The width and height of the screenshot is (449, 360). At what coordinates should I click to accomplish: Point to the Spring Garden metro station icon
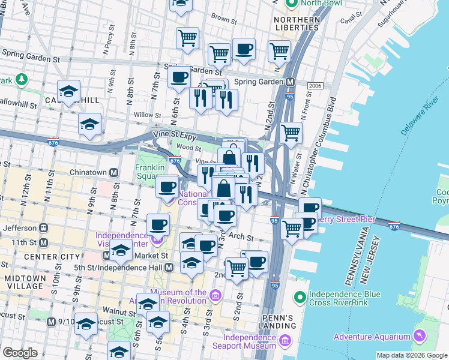point(289,82)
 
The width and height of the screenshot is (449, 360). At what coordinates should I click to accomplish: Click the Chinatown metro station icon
point(113,172)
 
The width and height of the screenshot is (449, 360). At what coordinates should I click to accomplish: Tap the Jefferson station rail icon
point(44,228)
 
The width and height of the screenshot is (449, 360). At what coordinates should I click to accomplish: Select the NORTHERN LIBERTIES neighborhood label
point(296,23)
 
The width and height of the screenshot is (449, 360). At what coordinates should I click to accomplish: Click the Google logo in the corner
point(20,352)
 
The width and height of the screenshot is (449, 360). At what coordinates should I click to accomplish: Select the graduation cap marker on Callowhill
point(69,91)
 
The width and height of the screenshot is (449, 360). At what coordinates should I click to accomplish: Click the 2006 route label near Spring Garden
point(314,86)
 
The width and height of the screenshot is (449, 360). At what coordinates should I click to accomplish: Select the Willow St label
point(144,114)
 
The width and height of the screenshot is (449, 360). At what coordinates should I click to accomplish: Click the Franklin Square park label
point(149,172)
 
